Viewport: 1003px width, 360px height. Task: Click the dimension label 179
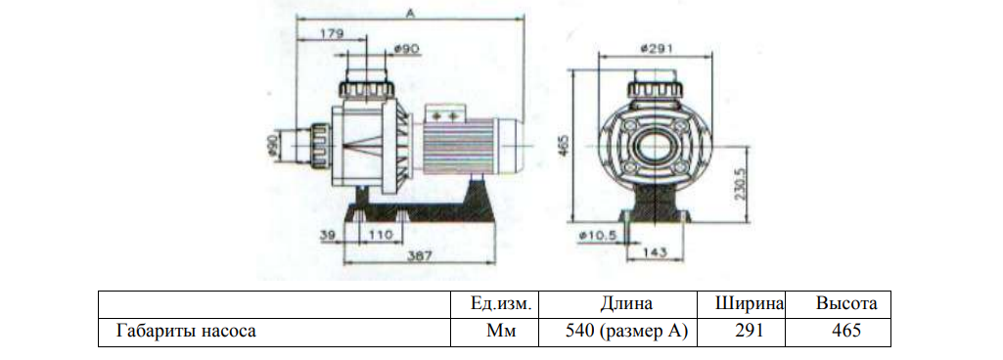coord(332,34)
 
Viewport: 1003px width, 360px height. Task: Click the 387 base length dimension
coord(420,255)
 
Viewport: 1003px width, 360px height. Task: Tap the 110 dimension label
coord(381,235)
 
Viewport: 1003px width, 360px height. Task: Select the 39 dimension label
coord(329,235)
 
